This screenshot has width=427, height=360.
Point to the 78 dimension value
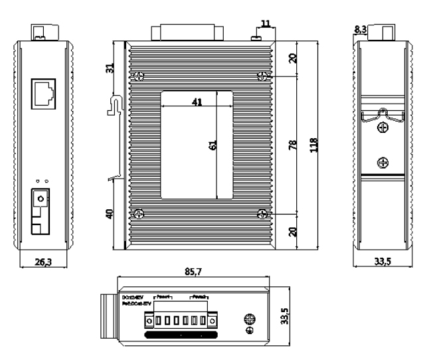point(293,145)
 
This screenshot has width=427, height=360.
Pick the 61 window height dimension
point(213,145)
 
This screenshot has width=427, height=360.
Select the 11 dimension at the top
point(266,24)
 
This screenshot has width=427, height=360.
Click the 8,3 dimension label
point(359,29)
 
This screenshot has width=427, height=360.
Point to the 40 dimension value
point(111,214)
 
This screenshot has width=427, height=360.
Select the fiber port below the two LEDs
point(41,201)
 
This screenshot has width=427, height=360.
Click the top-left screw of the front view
point(139,77)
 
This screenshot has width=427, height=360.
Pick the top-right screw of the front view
point(262,77)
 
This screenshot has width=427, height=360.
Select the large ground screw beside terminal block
point(250,319)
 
